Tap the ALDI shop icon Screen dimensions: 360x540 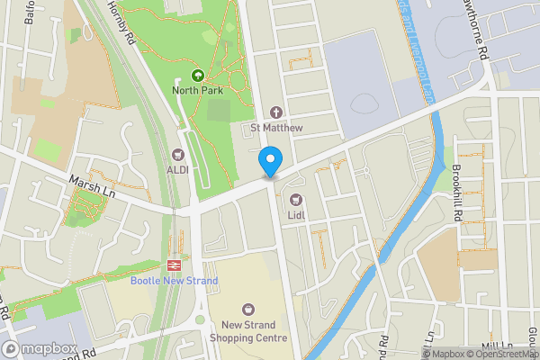[x=177, y=155]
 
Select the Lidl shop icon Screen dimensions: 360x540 [x=294, y=199]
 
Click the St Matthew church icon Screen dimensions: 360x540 [x=276, y=112]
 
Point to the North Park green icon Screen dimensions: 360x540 [x=198, y=76]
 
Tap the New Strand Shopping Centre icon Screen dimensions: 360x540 [x=248, y=310]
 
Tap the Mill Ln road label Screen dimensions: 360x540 [x=496, y=346]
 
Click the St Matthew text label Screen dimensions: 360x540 [x=276, y=128]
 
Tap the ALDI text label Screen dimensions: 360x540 [x=177, y=169]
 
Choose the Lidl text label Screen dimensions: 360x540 [x=295, y=215]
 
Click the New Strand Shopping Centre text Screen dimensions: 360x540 [x=248, y=331]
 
